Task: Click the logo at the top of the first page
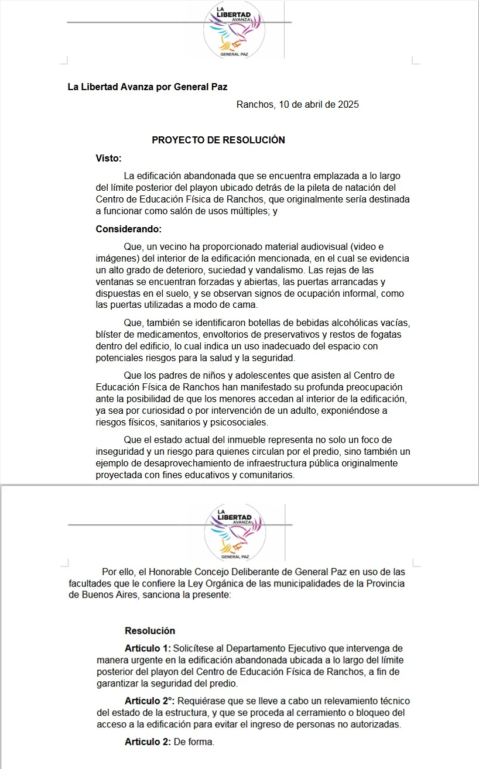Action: click(234, 29)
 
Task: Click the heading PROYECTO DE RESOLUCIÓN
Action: click(218, 140)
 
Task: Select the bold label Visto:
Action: click(109, 157)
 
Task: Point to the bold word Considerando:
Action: click(129, 229)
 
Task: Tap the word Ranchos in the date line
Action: click(255, 105)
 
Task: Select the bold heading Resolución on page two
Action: click(150, 631)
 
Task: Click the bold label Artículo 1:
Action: click(148, 648)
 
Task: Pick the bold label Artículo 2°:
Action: click(150, 701)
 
